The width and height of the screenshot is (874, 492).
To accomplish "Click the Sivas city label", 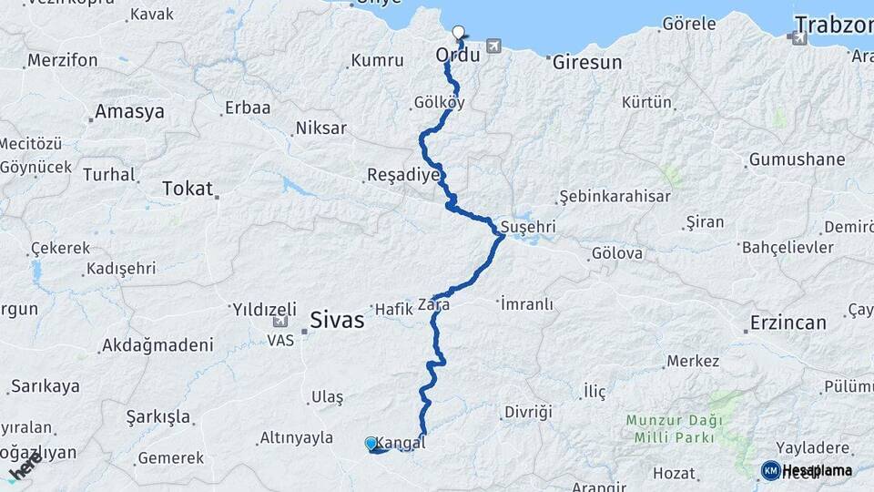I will (336, 321).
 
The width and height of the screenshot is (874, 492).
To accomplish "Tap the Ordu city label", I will (458, 56).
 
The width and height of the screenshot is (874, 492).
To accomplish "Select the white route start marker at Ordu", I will (458, 33).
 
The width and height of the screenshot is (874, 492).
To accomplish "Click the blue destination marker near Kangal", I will (371, 444).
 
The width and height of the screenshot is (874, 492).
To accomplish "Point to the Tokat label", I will (187, 189).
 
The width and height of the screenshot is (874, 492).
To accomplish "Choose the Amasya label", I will (129, 112).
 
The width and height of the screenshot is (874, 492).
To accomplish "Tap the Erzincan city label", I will (788, 323).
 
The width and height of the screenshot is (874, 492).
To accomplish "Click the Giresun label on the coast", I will (587, 63).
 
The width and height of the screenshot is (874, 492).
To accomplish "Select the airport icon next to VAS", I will (279, 322).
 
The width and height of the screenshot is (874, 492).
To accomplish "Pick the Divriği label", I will (528, 412).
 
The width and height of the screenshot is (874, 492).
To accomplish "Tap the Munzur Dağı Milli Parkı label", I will (674, 429).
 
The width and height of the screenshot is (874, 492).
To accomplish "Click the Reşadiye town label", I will (403, 174).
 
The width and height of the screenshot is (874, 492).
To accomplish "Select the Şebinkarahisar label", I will (615, 197).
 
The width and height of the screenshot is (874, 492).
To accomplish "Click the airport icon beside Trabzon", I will (798, 38).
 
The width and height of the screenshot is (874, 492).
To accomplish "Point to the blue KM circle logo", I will (770, 470).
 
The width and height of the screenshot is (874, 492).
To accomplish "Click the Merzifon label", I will (62, 61).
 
